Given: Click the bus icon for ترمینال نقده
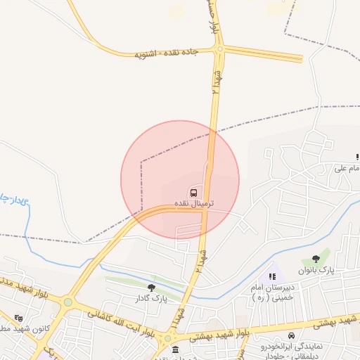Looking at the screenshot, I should click(192, 191).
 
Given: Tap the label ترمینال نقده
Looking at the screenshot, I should click(192, 203).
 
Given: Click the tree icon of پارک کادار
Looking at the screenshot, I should click(151, 287).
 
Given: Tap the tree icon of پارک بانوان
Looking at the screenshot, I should click(326, 259).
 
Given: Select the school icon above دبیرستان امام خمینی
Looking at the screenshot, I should click(272, 276).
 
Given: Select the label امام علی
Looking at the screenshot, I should click(347, 169).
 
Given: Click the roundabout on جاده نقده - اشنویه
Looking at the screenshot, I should click(220, 49).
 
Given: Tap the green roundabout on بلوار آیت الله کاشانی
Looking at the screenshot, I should click(67, 302).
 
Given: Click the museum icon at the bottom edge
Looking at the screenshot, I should click(175, 350).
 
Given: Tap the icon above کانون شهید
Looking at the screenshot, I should click(18, 318).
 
